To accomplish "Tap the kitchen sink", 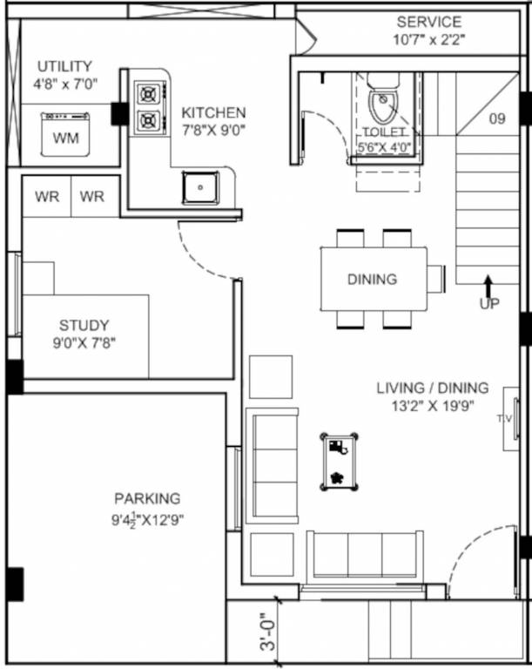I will point(201,186).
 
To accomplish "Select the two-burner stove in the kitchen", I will point(149,106).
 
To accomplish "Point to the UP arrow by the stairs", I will point(488,288).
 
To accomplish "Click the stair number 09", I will point(497,119).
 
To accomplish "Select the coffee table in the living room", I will point(338,462).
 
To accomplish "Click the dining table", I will point(373,279).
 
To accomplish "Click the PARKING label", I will point(147,498).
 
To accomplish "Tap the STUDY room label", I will point(84,326).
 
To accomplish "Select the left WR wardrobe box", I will point(47,197).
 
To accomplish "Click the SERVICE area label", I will point(428,22).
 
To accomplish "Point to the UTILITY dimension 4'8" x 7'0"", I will point(64,84).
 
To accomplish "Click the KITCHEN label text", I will point(213,113).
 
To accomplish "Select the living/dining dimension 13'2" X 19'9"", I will point(432,405).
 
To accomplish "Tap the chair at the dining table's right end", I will point(436,279).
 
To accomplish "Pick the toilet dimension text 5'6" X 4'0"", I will point(384,148).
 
